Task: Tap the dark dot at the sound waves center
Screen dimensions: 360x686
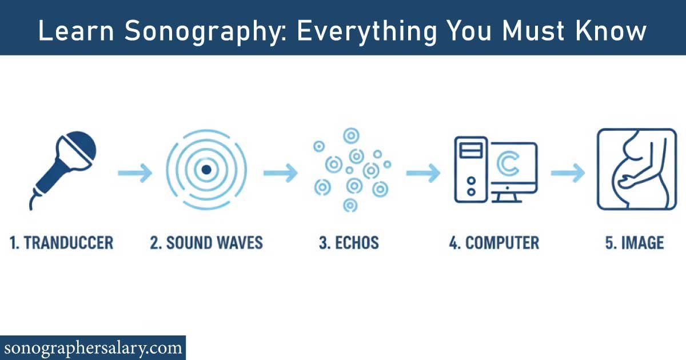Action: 207,169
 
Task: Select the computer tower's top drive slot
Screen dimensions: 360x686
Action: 470,151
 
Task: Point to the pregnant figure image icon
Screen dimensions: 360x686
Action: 636,169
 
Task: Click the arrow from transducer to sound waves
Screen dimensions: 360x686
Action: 135,173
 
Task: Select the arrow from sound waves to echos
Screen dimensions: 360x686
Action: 280,173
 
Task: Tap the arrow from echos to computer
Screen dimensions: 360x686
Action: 423,173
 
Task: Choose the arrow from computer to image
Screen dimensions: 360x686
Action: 568,173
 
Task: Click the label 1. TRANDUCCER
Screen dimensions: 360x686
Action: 62,242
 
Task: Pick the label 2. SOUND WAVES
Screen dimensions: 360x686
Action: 206,242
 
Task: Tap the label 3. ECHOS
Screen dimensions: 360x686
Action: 349,242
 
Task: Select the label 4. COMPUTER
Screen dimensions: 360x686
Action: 494,242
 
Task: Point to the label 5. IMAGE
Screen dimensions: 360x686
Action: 635,242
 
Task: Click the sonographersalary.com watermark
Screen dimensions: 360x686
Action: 93,347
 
